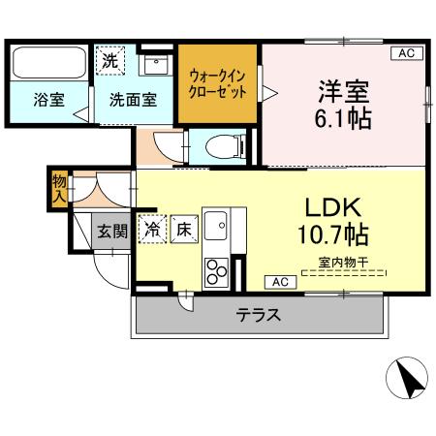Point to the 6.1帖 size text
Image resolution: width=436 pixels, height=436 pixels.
click(342, 121)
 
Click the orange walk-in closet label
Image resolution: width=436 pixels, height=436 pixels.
click(218, 82)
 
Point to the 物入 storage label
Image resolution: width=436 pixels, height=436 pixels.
click(59, 188)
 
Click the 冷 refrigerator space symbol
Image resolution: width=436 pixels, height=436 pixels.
click(152, 230)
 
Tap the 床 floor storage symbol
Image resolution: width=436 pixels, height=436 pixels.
click(182, 230)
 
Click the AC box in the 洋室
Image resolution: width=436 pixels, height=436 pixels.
click(406, 54)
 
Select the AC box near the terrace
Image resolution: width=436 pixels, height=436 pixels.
click(280, 282)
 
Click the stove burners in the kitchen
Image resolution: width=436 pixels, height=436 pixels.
click(214, 272)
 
